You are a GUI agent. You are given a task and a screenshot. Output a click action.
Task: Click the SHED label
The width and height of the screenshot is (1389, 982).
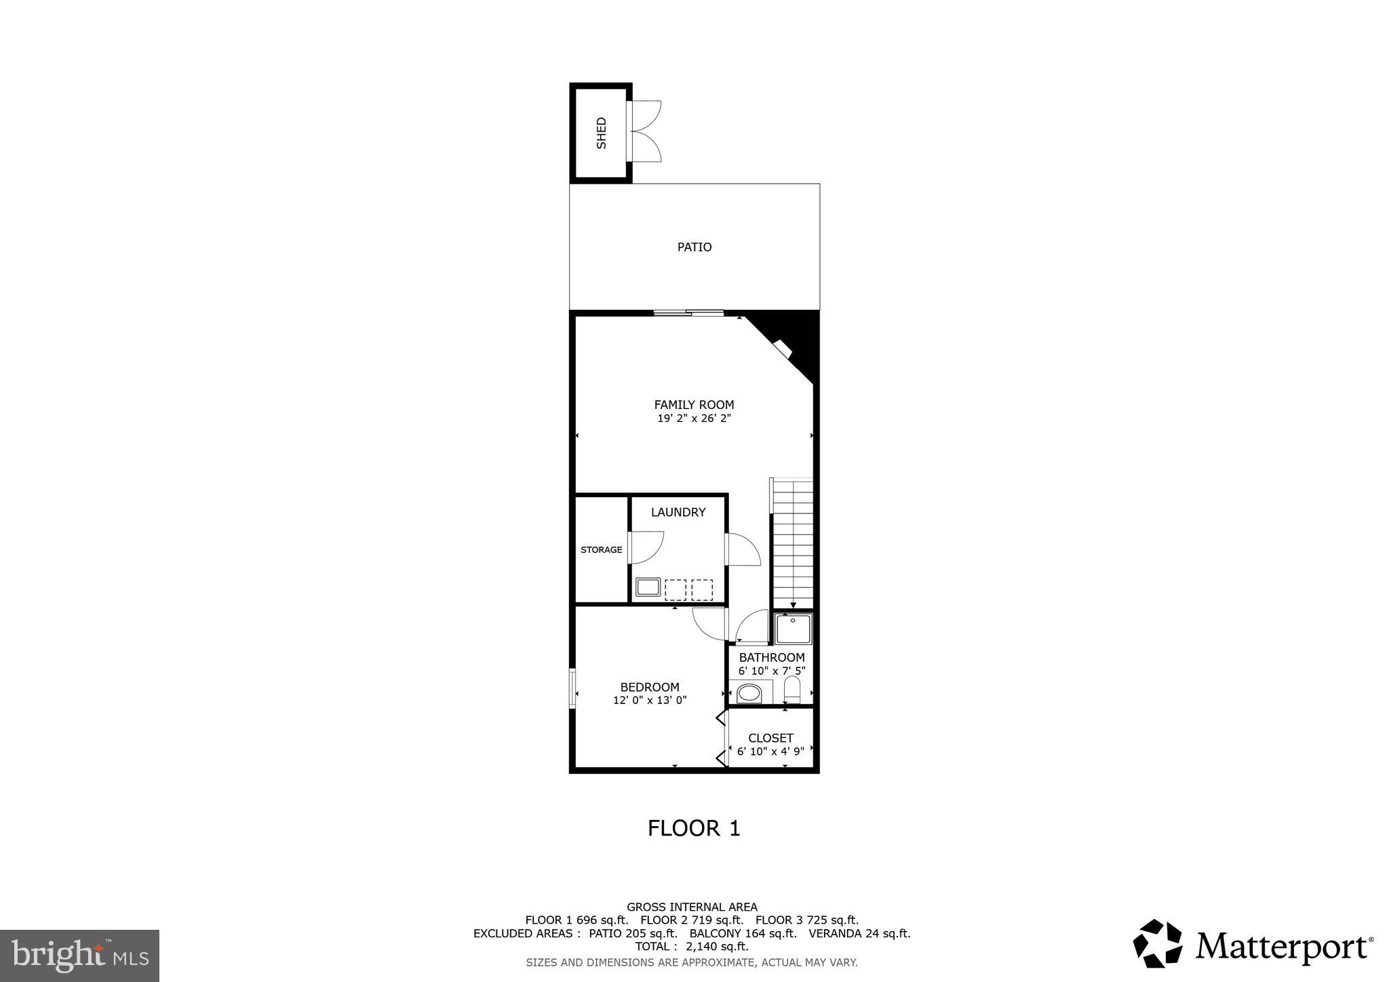pyautogui.click(x=601, y=133)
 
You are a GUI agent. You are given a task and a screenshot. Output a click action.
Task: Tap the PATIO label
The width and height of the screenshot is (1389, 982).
pyautogui.click(x=694, y=247)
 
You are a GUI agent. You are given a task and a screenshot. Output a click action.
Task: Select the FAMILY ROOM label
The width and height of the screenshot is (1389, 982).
pyautogui.click(x=694, y=405)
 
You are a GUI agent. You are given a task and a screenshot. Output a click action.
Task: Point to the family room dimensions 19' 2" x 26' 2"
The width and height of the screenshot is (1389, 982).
pyautogui.click(x=694, y=418)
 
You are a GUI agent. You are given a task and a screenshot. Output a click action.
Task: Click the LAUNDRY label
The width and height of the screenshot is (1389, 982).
pyautogui.click(x=678, y=512)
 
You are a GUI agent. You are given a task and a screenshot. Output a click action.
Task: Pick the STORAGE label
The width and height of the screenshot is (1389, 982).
pyautogui.click(x=601, y=549)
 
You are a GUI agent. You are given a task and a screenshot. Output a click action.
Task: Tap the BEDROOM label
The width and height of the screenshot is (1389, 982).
pyautogui.click(x=650, y=687)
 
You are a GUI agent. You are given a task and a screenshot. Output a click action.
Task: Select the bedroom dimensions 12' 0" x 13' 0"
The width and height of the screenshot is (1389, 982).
pyautogui.click(x=650, y=700)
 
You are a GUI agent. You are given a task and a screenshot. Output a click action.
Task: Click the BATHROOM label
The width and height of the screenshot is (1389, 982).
pyautogui.click(x=772, y=657)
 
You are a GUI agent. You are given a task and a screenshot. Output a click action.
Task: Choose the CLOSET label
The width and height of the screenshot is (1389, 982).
pyautogui.click(x=770, y=738)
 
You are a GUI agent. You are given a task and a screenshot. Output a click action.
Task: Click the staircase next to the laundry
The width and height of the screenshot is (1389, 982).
pyautogui.click(x=792, y=543)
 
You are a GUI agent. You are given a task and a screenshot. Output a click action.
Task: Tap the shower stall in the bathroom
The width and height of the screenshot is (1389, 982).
pyautogui.click(x=794, y=629)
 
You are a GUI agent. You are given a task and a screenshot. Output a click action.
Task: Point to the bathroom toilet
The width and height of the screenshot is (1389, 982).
pyautogui.click(x=792, y=690)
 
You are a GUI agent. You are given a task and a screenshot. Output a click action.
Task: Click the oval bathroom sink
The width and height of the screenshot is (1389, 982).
pyautogui.click(x=749, y=693)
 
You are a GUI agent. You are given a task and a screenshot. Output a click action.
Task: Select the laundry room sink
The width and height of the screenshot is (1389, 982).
pyautogui.click(x=648, y=587)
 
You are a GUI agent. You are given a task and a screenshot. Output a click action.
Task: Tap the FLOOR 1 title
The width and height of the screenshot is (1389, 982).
pyautogui.click(x=694, y=828)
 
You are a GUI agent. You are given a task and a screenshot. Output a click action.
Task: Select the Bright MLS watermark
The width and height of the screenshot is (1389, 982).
pyautogui.click(x=79, y=956)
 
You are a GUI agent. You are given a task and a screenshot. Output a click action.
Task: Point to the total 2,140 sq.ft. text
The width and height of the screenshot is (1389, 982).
pyautogui.click(x=692, y=946)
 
